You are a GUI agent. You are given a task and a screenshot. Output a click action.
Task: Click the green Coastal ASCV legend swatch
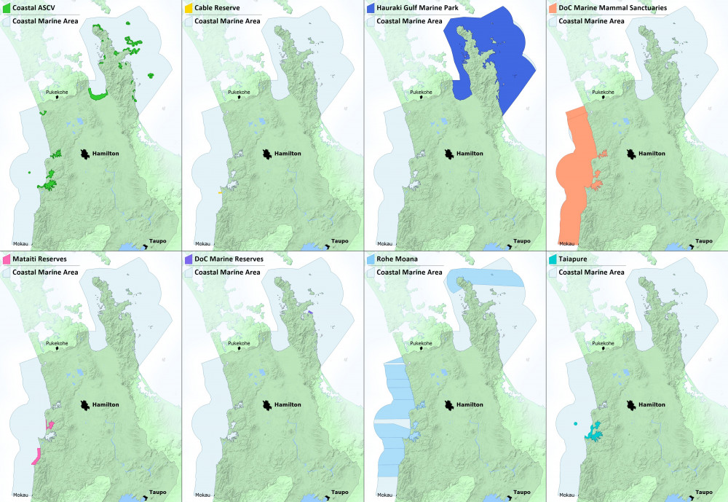pyautogui.click(x=7, y=8)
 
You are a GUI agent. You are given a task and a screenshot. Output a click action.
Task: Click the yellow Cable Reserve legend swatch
pyautogui.click(x=189, y=8)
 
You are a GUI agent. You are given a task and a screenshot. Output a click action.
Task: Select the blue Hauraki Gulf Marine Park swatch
pyautogui.click(x=371, y=8)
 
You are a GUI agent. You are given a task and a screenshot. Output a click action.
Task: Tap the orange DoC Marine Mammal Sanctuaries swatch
pyautogui.click(x=553, y=8)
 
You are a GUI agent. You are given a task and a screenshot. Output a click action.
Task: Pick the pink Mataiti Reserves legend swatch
pyautogui.click(x=7, y=259)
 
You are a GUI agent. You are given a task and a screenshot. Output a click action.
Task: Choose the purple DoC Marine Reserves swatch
pyautogui.click(x=189, y=259)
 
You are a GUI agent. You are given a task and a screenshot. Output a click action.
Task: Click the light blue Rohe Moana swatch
pyautogui.click(x=371, y=259)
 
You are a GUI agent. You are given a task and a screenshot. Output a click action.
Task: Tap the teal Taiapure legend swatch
pyautogui.click(x=553, y=259)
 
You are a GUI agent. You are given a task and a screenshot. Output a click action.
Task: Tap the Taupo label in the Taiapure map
pyautogui.click(x=704, y=492)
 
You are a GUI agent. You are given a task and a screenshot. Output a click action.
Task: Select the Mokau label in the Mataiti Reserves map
pyautogui.click(x=20, y=495)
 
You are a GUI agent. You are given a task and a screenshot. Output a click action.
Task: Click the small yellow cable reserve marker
pyautogui.click(x=219, y=192)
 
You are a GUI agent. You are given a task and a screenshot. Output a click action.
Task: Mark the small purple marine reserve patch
pyautogui.click(x=310, y=313)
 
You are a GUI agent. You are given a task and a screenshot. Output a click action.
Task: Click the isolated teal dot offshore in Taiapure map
pyautogui.click(x=575, y=423)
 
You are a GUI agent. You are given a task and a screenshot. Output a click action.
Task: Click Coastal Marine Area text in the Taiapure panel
pyautogui.click(x=591, y=272)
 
